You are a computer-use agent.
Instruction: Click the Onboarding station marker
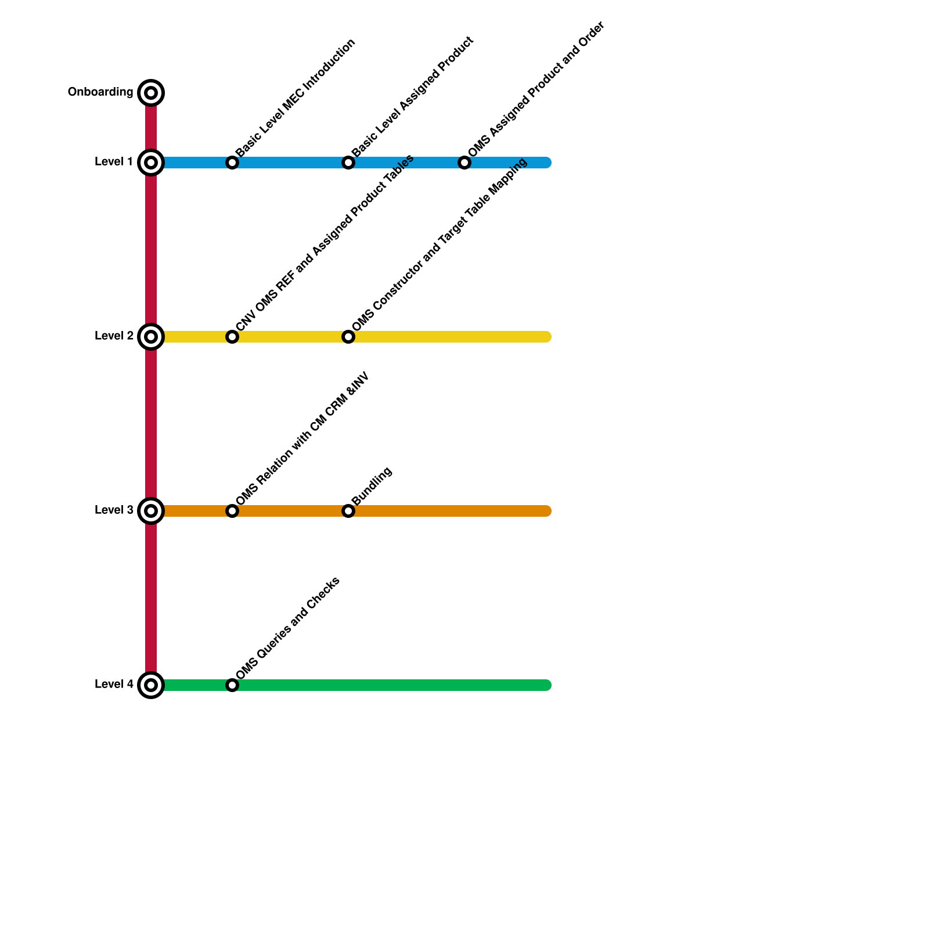(x=151, y=93)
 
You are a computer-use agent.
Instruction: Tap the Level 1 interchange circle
(x=151, y=163)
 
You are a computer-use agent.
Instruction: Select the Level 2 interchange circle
(x=151, y=337)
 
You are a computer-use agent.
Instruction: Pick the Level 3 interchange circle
(x=151, y=511)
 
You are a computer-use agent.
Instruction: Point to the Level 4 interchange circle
(x=151, y=685)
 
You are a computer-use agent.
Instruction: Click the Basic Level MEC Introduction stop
(x=232, y=163)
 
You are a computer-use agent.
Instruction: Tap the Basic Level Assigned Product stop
(x=348, y=163)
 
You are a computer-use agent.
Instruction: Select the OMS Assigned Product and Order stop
(x=464, y=163)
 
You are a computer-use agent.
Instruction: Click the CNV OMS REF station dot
(x=232, y=337)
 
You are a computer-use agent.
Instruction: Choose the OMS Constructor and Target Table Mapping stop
(x=348, y=337)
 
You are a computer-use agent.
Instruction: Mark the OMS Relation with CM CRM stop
(x=232, y=511)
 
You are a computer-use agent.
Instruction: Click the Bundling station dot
(x=348, y=511)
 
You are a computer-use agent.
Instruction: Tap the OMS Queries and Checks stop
(x=232, y=685)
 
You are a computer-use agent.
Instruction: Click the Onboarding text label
(x=100, y=92)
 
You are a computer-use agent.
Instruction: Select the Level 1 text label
(x=114, y=162)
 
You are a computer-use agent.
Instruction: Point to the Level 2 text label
(x=114, y=336)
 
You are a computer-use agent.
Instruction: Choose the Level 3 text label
(x=114, y=510)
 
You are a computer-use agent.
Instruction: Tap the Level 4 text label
(x=114, y=685)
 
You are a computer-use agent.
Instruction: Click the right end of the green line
(x=546, y=685)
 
